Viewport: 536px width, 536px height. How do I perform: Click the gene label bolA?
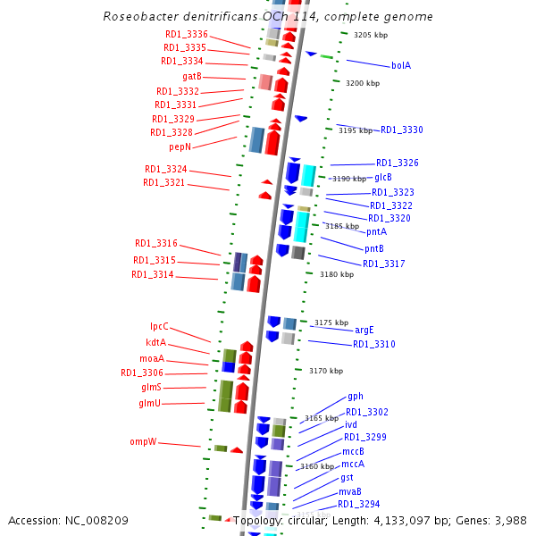point(401,65)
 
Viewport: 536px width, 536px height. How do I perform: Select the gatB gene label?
point(192,77)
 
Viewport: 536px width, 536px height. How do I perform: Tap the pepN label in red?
point(180,147)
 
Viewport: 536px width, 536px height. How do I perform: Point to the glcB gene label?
point(383,177)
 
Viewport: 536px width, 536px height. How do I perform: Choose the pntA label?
point(377,232)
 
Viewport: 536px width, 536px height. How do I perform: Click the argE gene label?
point(364,330)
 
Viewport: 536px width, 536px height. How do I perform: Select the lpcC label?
point(159,327)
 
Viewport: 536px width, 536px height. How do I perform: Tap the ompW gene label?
point(143,441)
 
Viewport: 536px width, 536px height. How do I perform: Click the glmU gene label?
point(150,404)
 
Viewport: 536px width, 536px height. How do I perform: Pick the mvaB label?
point(349,491)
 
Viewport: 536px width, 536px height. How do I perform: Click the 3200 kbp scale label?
point(363,83)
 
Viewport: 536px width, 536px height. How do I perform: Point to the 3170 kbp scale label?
point(326,371)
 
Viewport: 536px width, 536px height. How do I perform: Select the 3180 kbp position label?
point(337,274)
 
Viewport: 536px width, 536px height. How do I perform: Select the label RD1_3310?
point(373,344)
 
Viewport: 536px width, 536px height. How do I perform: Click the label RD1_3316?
point(156,243)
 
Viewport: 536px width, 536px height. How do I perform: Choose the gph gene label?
point(356,396)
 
